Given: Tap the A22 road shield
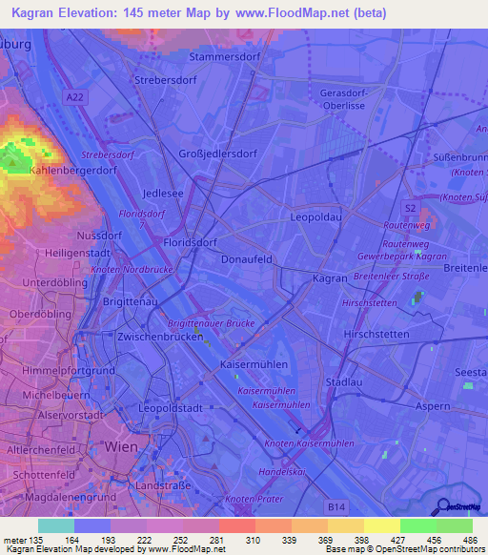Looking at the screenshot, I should [75, 97].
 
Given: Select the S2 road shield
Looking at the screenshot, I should [409, 207].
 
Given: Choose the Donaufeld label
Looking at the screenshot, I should [247, 258].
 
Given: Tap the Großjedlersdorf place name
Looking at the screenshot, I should [218, 154].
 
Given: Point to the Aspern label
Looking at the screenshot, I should [432, 406].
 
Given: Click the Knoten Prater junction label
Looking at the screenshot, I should [254, 500].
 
